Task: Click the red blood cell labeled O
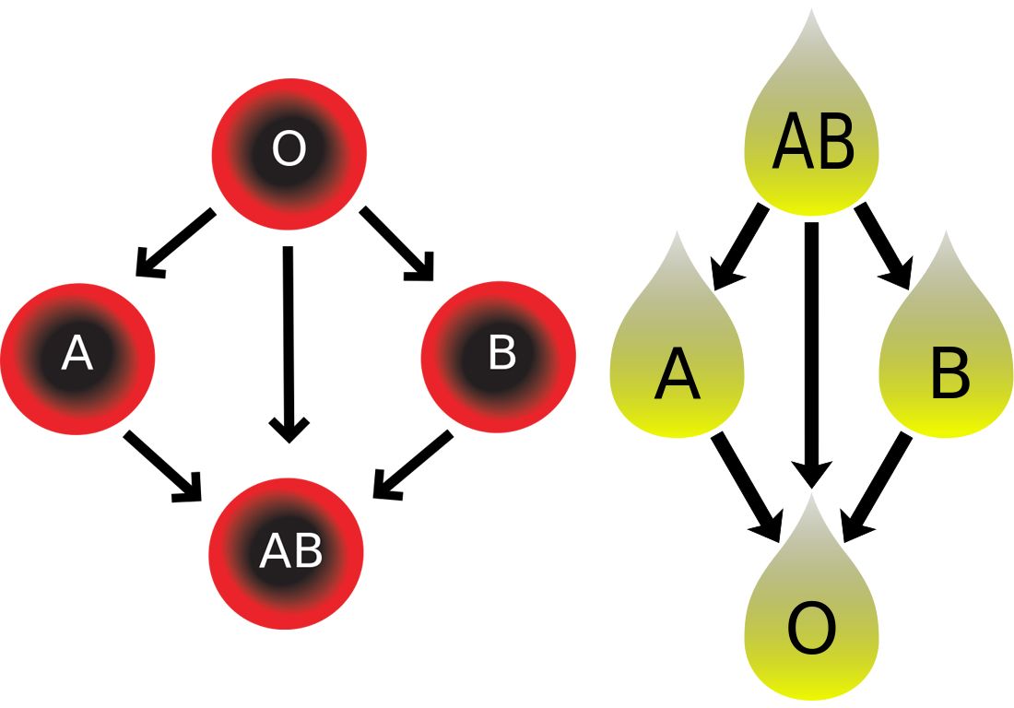point(289,150)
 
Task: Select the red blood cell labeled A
point(77,355)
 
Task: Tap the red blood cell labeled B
point(499,355)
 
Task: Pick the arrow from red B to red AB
point(412,466)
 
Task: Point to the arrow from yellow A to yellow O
point(747,485)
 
